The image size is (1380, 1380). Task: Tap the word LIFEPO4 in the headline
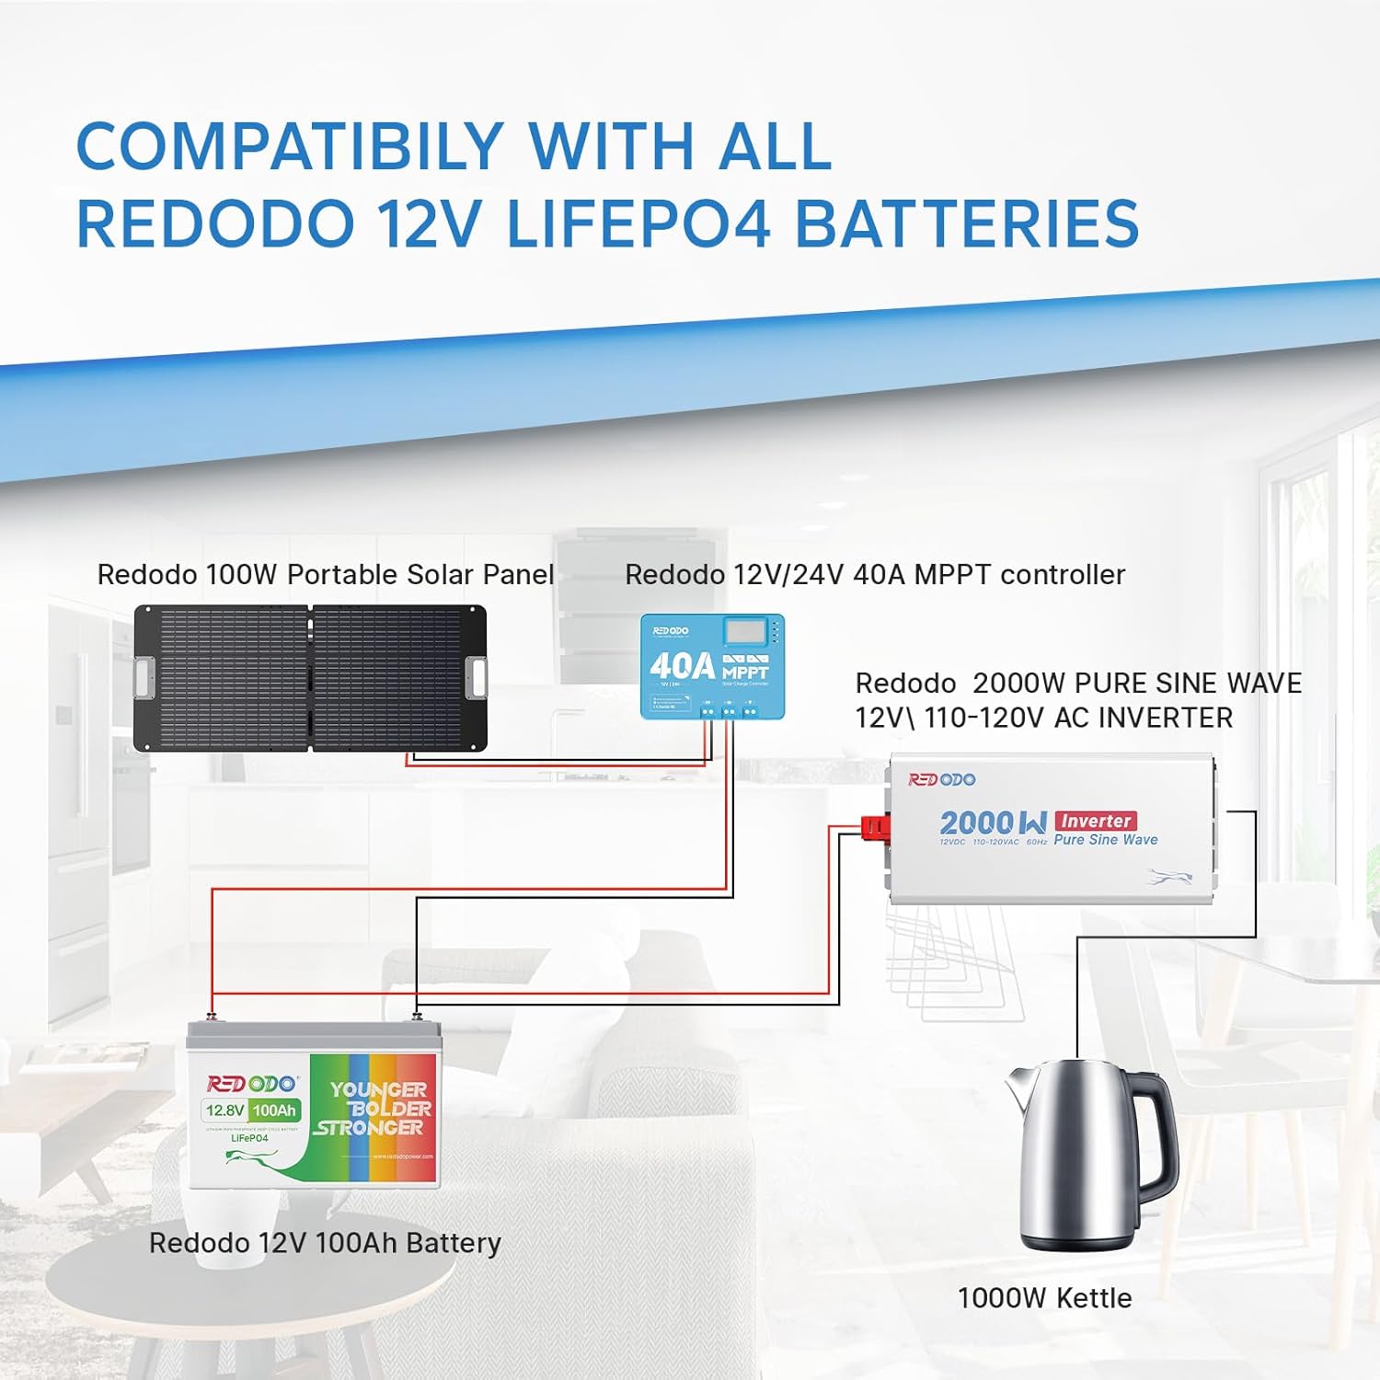(638, 224)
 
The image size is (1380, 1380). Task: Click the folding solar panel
(310, 678)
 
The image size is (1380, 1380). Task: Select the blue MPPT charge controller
(712, 666)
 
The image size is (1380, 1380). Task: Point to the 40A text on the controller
(682, 666)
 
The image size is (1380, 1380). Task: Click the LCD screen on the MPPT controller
(745, 631)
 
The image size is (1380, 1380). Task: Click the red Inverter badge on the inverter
(1096, 821)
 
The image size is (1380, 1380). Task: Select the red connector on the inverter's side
(875, 827)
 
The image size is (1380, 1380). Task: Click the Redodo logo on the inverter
(941, 780)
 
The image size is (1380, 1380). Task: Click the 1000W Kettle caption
(1044, 1298)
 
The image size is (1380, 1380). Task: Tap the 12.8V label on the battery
(224, 1110)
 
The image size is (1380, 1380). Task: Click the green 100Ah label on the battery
(274, 1110)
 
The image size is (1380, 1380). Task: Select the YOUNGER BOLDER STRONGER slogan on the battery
(375, 1109)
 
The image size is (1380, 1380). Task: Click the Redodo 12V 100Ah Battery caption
(325, 1243)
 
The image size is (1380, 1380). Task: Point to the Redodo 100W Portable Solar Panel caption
(325, 575)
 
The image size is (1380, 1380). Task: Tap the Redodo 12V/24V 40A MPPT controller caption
(875, 575)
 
